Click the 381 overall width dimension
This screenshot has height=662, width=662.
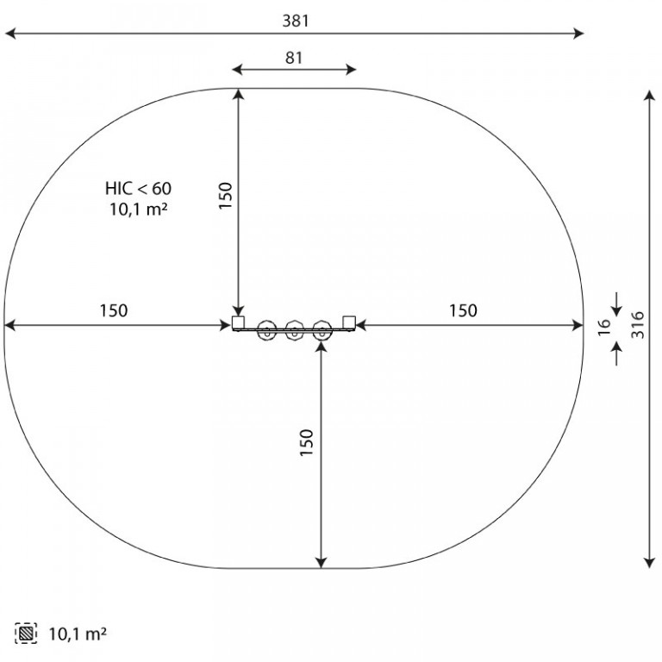[x=296, y=21]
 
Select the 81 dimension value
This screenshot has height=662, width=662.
[x=294, y=58]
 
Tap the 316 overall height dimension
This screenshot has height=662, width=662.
[x=638, y=325]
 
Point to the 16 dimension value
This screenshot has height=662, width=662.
[x=604, y=327]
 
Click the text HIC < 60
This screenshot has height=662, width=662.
[x=139, y=188]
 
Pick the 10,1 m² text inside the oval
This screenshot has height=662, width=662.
[x=139, y=209]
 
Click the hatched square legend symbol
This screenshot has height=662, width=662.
[x=26, y=634]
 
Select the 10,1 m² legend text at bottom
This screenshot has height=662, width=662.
[x=78, y=634]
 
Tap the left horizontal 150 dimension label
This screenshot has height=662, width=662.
[x=114, y=310]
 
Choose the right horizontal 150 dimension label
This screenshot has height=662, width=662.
[x=463, y=310]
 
